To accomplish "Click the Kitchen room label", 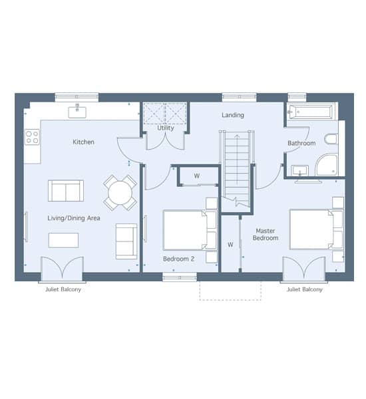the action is [x=83, y=142].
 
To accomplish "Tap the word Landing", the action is [x=233, y=115].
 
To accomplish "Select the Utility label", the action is [x=166, y=128].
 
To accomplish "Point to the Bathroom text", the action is [x=301, y=143].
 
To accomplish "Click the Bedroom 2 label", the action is [x=178, y=259].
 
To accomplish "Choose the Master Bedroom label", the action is [x=266, y=234].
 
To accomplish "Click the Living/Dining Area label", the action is [x=74, y=218].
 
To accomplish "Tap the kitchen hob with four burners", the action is [x=33, y=137].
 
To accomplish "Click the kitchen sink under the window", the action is [x=77, y=112].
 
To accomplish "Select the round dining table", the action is [x=120, y=193].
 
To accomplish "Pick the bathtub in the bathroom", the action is [x=309, y=112].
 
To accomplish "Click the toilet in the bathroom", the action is [x=331, y=139].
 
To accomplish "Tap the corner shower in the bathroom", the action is [x=327, y=165].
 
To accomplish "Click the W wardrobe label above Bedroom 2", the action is [x=196, y=176].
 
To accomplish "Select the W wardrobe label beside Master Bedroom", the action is [x=230, y=245].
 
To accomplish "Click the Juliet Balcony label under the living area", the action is [x=63, y=289].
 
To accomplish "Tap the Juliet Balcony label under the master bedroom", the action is [x=305, y=289].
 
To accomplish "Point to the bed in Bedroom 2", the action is [x=190, y=230].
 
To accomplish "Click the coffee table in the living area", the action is [x=63, y=240].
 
